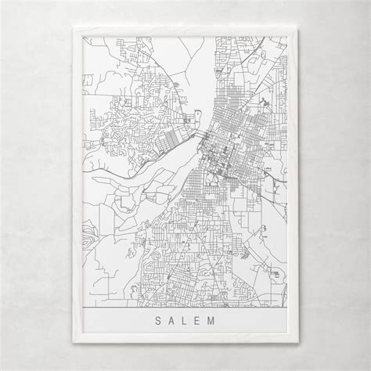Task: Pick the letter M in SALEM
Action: point(223,322)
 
